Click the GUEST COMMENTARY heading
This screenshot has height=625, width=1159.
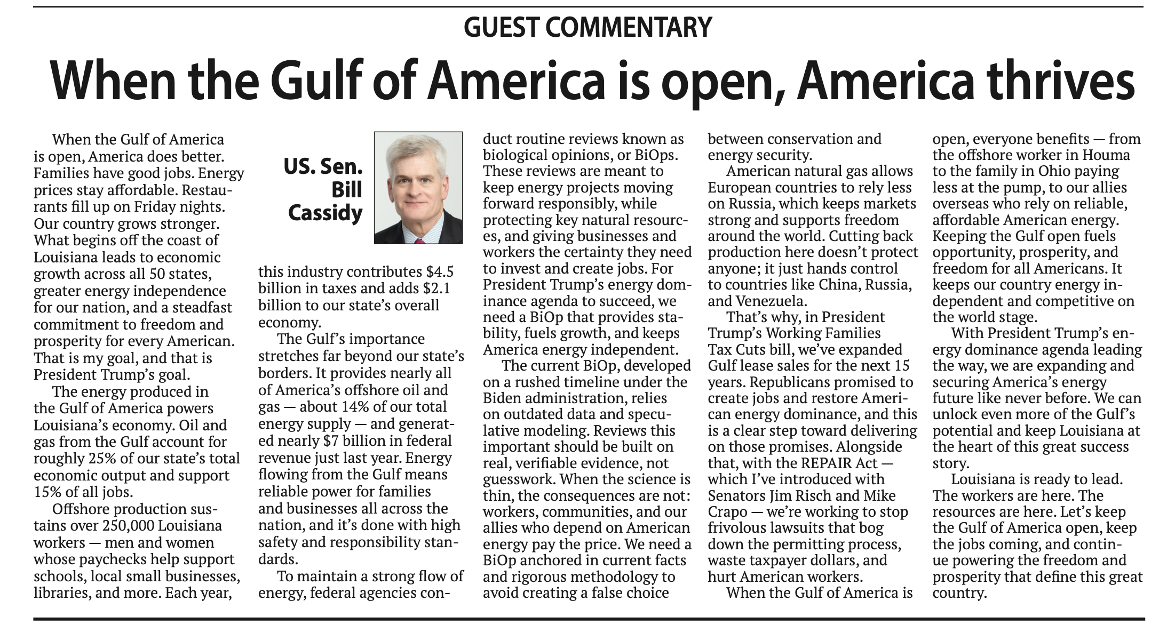pyautogui.click(x=588, y=27)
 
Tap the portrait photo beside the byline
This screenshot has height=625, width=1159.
pyautogui.click(x=418, y=188)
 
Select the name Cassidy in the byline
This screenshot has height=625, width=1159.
pyautogui.click(x=325, y=213)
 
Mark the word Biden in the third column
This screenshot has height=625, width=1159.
pyautogui.click(x=503, y=398)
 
